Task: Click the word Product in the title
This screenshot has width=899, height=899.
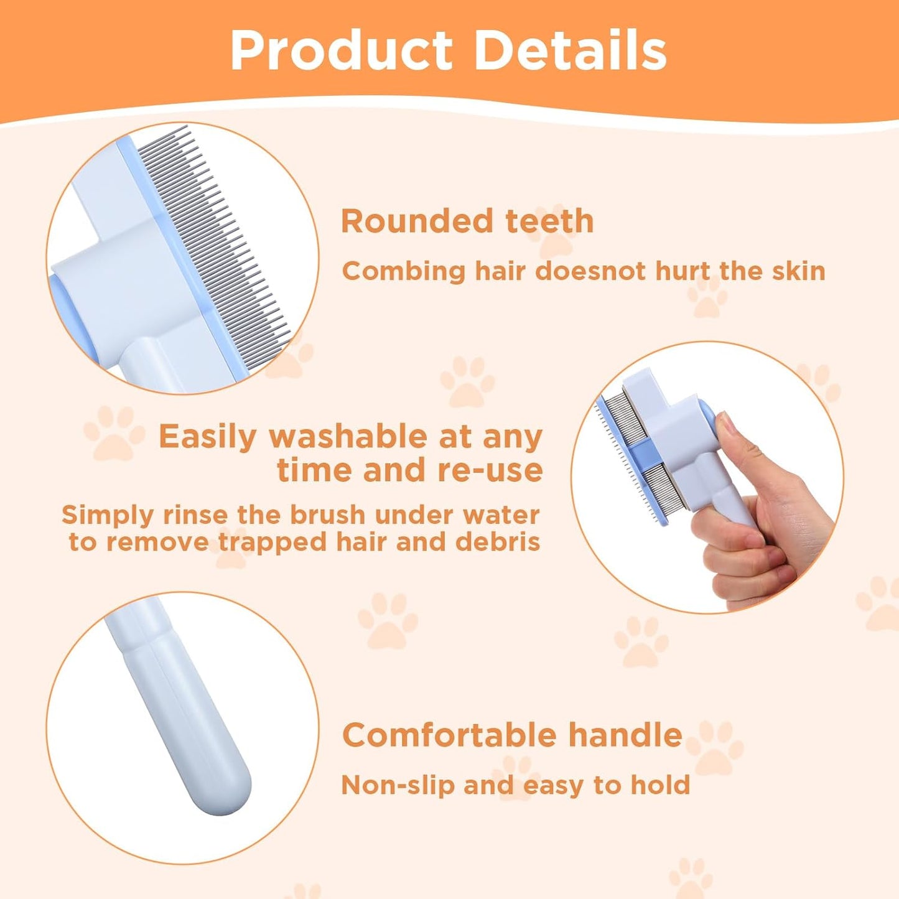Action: tap(341, 51)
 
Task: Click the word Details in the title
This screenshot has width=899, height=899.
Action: tap(570, 51)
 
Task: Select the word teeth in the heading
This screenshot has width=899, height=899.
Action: tap(549, 221)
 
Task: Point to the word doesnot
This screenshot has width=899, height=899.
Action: tap(582, 271)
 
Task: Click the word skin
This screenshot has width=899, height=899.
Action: tap(798, 271)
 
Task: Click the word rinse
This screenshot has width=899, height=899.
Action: tap(195, 515)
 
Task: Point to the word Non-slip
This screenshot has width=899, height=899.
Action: tap(398, 785)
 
